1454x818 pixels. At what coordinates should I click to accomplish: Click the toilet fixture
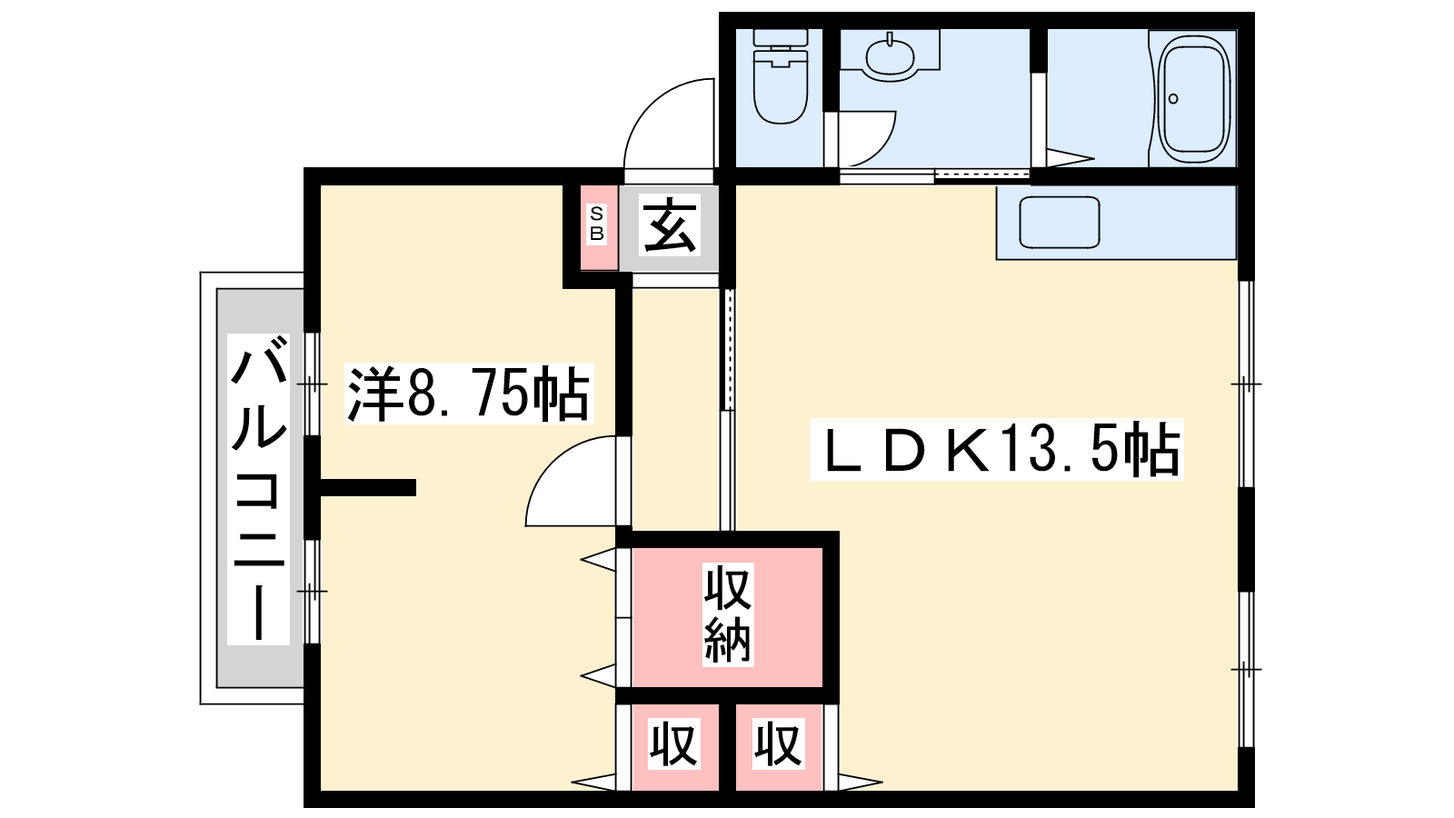(x=781, y=76)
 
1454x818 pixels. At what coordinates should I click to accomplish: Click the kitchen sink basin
(x=1060, y=223)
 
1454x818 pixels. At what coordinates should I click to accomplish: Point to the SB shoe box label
(x=596, y=223)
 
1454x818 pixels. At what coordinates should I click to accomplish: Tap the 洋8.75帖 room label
(x=469, y=394)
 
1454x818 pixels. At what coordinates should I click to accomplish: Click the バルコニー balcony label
(x=258, y=487)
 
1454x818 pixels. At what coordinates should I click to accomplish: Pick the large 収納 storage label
(x=728, y=614)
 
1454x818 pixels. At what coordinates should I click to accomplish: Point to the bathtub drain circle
(x=1173, y=99)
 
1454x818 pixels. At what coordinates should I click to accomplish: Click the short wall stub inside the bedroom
(x=368, y=487)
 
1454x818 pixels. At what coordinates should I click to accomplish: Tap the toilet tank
(x=781, y=37)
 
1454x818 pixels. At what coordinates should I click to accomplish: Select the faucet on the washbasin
(x=890, y=38)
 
